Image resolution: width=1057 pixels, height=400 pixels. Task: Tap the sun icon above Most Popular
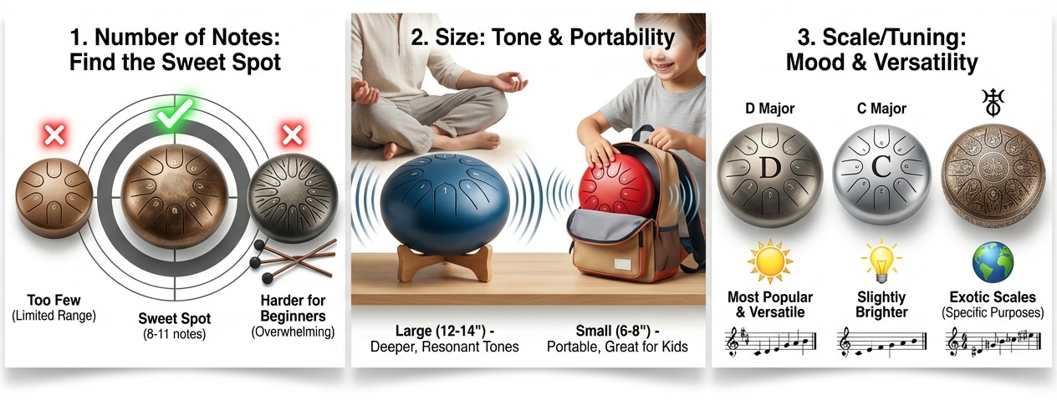click(770, 261)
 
